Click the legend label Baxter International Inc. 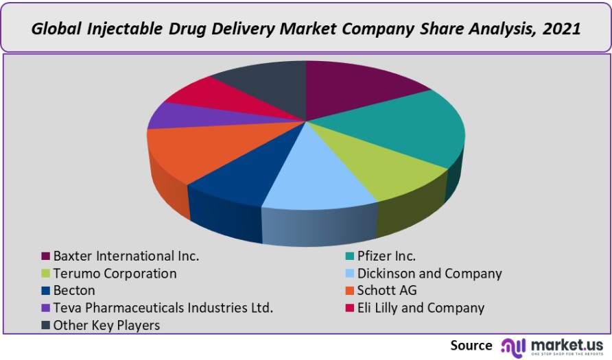[126, 256]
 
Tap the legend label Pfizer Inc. [386, 256]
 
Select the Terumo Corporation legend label [115, 274]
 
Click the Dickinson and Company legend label [429, 274]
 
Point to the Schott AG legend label [387, 291]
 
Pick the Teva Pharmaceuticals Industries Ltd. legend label [163, 308]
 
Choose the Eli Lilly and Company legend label [421, 308]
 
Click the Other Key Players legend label [106, 325]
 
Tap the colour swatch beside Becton [46, 291]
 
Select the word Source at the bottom [471, 345]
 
